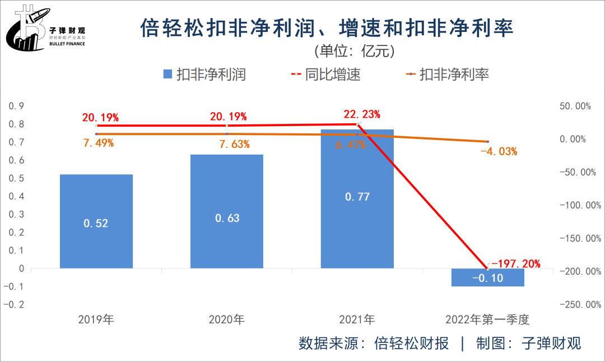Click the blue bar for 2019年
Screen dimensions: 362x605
pos(96,221)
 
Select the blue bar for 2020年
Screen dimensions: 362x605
pos(226,211)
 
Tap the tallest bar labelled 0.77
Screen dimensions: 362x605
pos(357,198)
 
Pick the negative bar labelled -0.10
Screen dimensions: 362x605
pos(487,277)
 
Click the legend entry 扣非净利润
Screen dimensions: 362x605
pos(204,75)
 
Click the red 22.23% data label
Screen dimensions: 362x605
pos(362,114)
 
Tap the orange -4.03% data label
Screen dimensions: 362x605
pos(499,151)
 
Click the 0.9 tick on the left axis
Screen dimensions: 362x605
pos(17,106)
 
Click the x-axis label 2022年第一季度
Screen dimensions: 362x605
pos(487,320)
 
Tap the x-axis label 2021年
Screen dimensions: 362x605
pos(357,320)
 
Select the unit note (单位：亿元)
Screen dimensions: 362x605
pos(355,51)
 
